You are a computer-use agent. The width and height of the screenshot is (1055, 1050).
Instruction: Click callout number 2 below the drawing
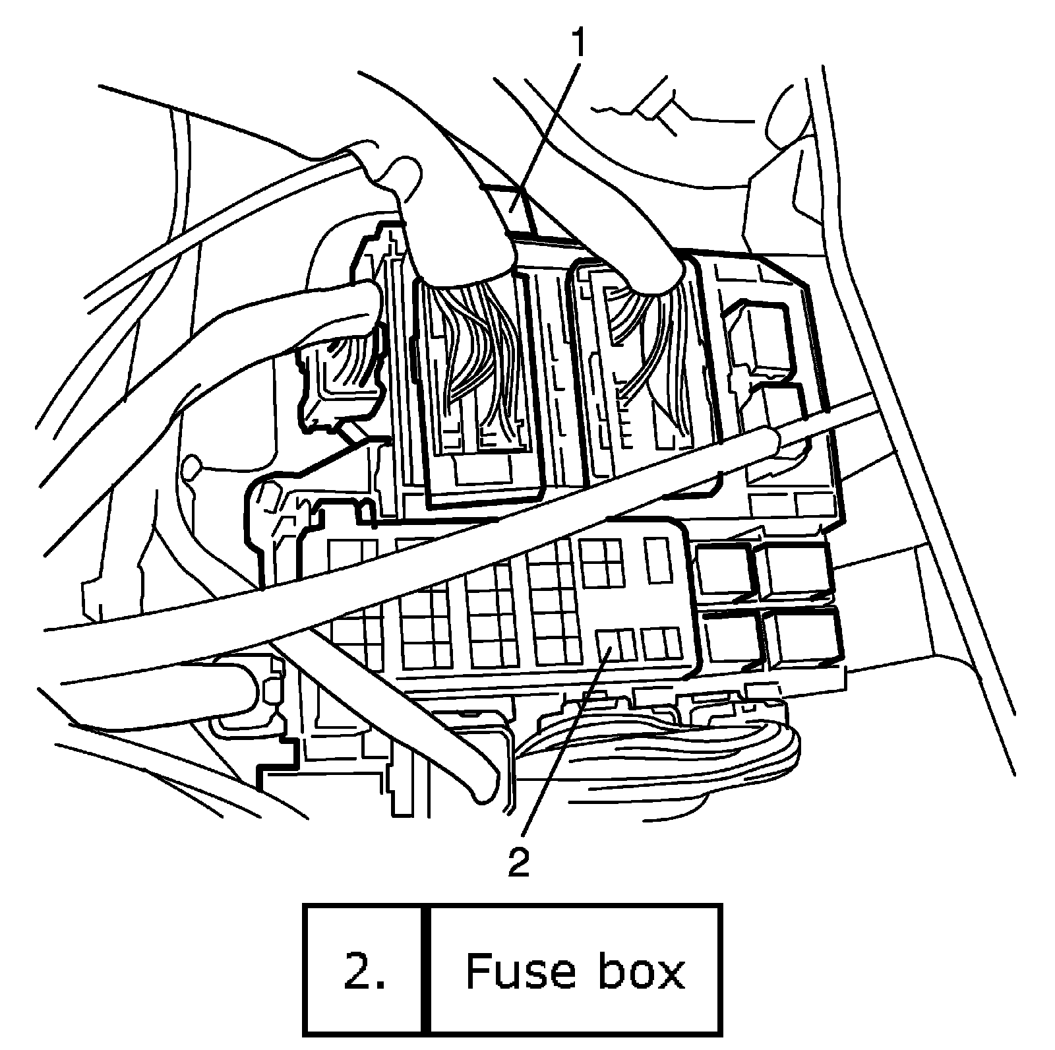(x=519, y=862)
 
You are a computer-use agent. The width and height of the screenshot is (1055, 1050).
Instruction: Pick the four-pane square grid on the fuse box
(x=600, y=561)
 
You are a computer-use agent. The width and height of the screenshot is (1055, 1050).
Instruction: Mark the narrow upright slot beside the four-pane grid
(x=657, y=561)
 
